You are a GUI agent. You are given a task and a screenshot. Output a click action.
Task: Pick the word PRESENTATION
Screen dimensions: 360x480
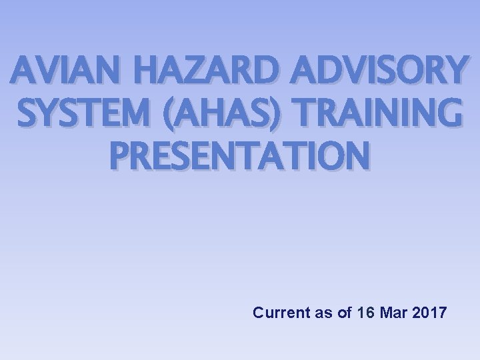[239, 154]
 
